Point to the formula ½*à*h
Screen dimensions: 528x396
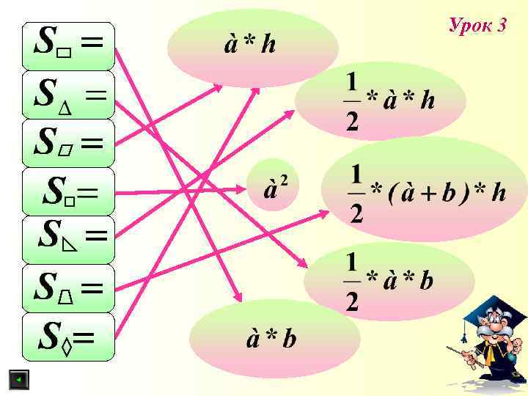pyautogui.click(x=389, y=100)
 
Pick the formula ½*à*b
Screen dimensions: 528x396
pyautogui.click(x=389, y=281)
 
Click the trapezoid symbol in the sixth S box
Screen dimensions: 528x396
pyautogui.click(x=66, y=297)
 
